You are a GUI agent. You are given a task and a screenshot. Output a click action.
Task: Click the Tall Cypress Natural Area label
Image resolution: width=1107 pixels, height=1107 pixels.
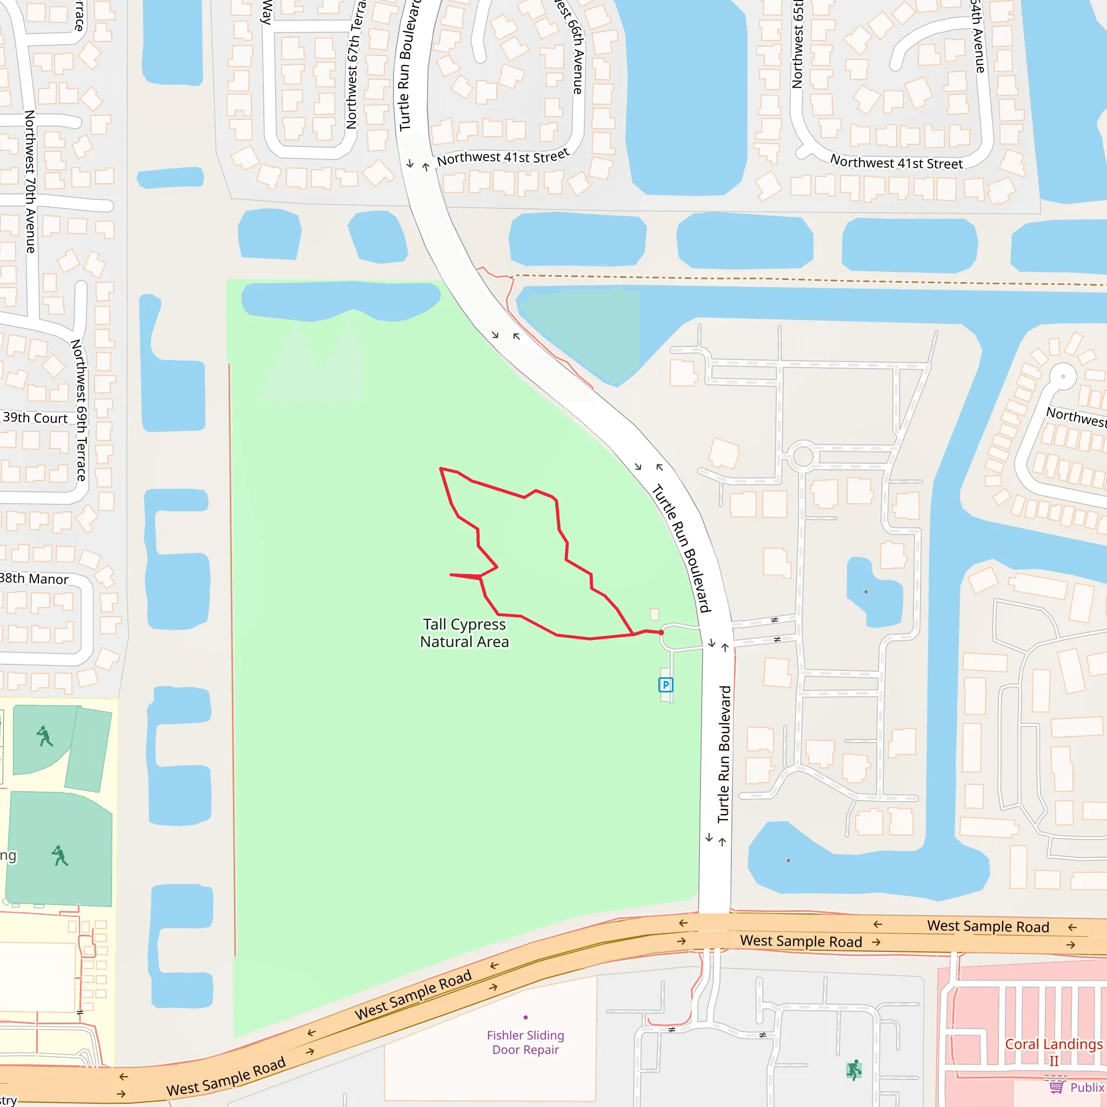464,632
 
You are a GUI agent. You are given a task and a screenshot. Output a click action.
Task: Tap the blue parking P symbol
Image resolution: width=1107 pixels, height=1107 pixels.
665,685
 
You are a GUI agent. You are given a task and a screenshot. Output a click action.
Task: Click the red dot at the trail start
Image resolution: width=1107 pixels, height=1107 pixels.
661,632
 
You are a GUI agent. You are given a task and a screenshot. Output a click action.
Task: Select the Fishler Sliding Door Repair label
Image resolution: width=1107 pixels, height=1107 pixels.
525,1042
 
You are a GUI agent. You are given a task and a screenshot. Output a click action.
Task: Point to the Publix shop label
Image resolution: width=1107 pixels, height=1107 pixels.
1086,1088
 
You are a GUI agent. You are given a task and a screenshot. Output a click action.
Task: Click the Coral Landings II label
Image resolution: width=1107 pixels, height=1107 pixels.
1053,1051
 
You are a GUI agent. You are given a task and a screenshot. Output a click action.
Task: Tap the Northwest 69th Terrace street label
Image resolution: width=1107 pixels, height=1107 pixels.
79,410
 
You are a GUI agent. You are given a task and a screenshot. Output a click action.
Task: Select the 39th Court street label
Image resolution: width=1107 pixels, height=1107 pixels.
35,418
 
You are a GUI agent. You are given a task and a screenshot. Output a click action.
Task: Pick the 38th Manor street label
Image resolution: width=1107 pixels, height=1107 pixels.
34,579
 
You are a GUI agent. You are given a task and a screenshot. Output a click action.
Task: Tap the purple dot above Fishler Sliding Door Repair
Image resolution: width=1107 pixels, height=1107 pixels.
525,1017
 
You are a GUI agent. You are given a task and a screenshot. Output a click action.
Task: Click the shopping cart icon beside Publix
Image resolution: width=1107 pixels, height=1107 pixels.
1056,1086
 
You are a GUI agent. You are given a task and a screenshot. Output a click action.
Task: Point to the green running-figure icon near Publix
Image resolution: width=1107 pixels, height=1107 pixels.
853,1070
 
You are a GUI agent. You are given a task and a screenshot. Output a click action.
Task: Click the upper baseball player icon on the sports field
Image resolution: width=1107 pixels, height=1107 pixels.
45,736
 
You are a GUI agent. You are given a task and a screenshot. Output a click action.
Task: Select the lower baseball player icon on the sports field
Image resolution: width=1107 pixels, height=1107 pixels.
59,856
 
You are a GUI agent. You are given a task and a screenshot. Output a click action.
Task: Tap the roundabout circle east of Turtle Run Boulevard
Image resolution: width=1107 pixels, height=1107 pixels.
803,456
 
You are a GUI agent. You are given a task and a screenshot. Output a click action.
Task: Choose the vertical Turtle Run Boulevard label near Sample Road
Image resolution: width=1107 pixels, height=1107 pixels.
724,753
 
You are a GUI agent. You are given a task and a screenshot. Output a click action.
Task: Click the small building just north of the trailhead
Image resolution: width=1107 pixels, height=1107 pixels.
655,614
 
